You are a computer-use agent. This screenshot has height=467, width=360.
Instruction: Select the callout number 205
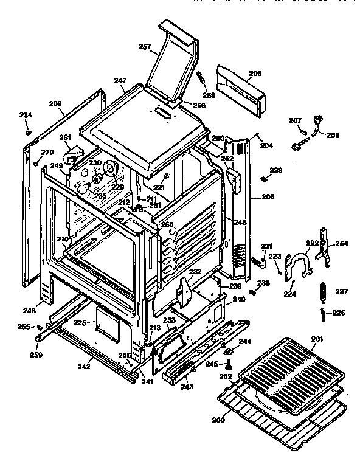[x=255, y=74]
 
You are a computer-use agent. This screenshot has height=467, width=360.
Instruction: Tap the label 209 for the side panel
[x=55, y=104]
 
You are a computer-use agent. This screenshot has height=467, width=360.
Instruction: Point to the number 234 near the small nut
[x=26, y=115]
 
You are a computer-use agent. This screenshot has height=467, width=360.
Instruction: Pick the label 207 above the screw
[x=295, y=121]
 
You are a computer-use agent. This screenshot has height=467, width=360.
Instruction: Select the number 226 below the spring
[x=339, y=313]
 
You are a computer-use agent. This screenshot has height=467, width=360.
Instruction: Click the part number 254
[x=341, y=243]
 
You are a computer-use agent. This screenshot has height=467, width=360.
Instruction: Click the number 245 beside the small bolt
[x=211, y=365]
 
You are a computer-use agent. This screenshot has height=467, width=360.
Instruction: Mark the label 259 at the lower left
[x=37, y=354]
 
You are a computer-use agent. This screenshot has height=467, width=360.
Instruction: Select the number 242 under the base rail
[x=84, y=367]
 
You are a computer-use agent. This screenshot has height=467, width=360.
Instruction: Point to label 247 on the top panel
[x=119, y=80]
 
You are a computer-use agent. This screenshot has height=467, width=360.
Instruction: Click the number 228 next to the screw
[x=276, y=171]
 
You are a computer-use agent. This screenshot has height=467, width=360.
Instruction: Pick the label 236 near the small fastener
[x=263, y=283]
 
